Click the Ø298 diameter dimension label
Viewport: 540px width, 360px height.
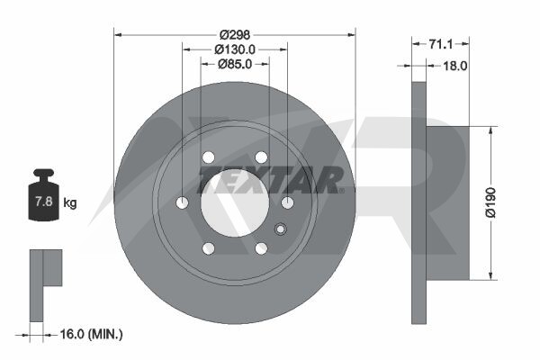(x=235, y=35)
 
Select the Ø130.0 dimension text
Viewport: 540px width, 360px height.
(x=235, y=49)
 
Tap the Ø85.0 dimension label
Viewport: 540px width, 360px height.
(x=235, y=64)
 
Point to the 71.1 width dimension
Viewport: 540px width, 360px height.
(x=441, y=44)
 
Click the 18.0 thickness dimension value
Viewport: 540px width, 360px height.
(x=454, y=66)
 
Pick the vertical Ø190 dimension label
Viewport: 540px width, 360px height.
(x=490, y=202)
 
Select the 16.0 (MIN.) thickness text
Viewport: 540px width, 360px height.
(x=91, y=334)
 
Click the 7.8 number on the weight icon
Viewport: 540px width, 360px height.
(x=44, y=202)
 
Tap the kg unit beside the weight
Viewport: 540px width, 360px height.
(x=70, y=202)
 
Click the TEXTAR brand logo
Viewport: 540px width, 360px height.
(x=270, y=179)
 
